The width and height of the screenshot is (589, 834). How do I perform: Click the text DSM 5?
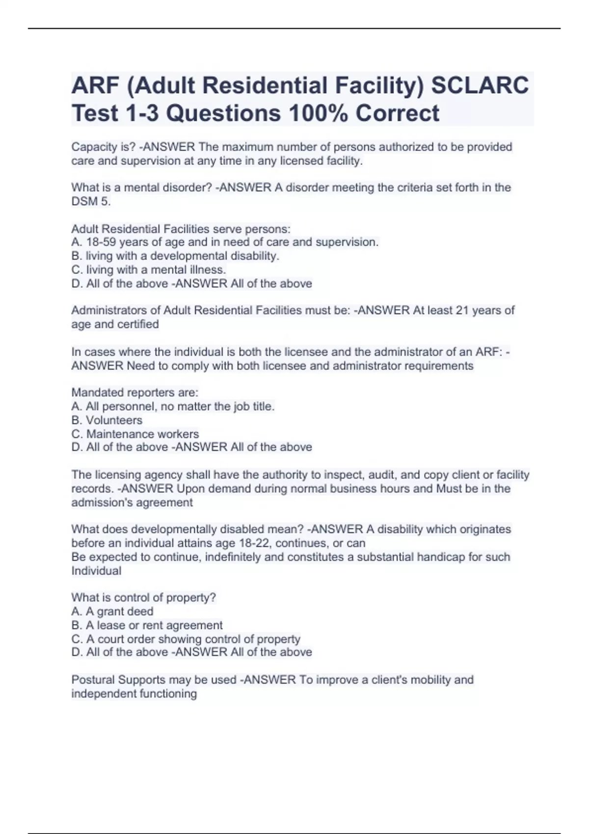pyautogui.click(x=91, y=201)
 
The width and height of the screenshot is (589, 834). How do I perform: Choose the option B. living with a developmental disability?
pyautogui.click(x=175, y=256)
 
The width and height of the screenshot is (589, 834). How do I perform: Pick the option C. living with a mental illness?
pyautogui.click(x=149, y=270)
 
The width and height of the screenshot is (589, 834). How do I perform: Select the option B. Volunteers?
pyautogui.click(x=107, y=420)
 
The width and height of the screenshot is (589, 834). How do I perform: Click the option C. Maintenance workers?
pyautogui.click(x=135, y=434)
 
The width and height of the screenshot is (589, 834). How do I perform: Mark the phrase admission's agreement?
pyautogui.click(x=132, y=502)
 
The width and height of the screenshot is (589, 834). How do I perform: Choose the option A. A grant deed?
pyautogui.click(x=112, y=611)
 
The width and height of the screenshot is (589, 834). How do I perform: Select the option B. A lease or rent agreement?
pyautogui.click(x=147, y=625)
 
